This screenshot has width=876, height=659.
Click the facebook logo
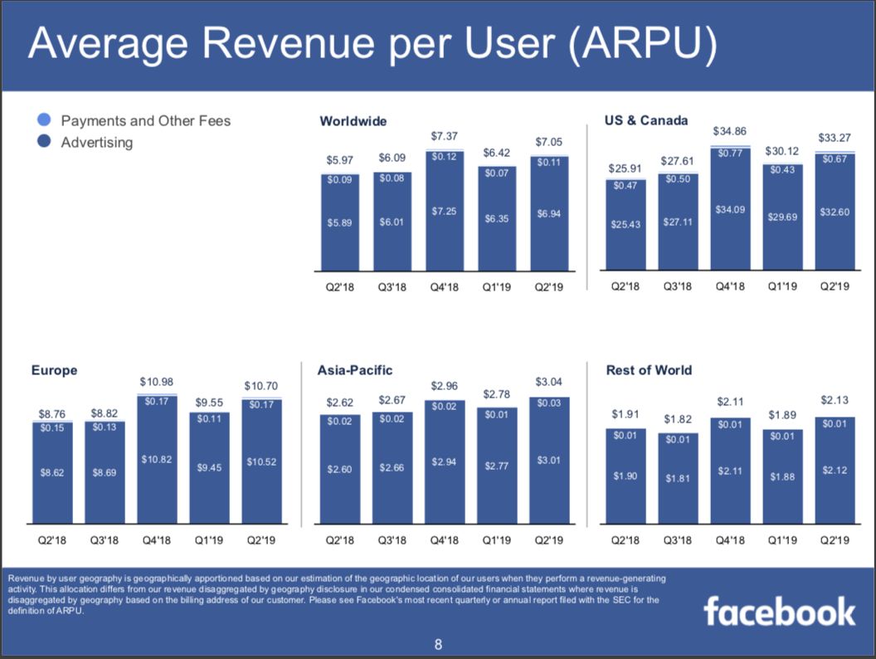point(779,612)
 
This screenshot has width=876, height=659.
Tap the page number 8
point(439,644)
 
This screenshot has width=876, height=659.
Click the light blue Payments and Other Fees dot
point(46,121)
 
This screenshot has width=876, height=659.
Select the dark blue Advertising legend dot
point(46,142)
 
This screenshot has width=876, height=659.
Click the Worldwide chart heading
point(353,121)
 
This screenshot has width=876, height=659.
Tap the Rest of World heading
point(649,370)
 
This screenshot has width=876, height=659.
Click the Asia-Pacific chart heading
point(354,370)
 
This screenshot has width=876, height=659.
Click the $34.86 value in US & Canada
point(729,131)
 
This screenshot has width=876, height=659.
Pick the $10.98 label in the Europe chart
point(156,382)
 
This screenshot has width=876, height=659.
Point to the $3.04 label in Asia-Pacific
point(548,382)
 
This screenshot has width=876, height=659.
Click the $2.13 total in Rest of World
point(835,400)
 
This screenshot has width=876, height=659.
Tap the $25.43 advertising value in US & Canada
point(625,224)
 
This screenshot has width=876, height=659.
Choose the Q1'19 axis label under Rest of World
point(782,540)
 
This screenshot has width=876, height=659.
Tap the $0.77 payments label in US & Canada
point(729,153)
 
